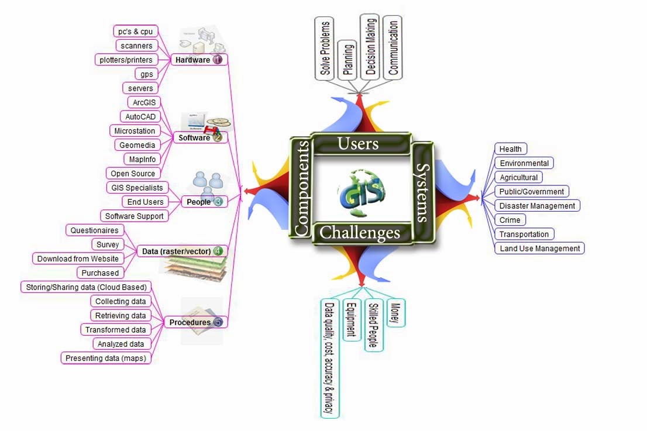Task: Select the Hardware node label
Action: click(x=192, y=60)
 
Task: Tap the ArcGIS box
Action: click(x=143, y=102)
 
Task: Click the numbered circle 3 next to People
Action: click(x=218, y=202)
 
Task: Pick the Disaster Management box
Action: click(x=537, y=206)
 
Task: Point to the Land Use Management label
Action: click(x=539, y=249)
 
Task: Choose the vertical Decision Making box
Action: click(x=370, y=47)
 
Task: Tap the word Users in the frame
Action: click(x=358, y=143)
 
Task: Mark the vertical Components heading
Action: click(x=302, y=189)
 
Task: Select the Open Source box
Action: click(x=133, y=174)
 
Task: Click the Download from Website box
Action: click(x=78, y=258)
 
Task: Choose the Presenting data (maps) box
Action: click(x=105, y=358)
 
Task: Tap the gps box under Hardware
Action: click(x=146, y=74)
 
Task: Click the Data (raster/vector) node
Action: click(x=176, y=251)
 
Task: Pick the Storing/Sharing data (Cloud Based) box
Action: click(x=87, y=287)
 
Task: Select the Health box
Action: click(x=510, y=149)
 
